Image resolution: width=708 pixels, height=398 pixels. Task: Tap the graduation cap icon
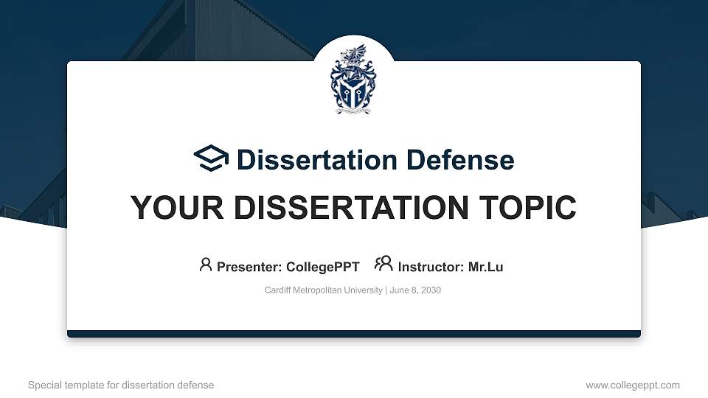tap(211, 158)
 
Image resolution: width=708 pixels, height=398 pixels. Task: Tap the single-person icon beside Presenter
tap(206, 265)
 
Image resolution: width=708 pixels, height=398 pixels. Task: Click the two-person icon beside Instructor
tap(383, 265)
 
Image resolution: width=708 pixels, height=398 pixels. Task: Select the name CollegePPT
tap(323, 267)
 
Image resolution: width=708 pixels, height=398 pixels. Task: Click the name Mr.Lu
tap(485, 267)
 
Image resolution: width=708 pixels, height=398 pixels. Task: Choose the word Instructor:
tap(431, 267)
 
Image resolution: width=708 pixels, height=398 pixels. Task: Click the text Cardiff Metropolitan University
tap(323, 290)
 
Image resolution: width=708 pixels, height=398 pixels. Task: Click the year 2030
tap(430, 290)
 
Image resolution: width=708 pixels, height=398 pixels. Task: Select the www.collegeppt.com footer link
tap(633, 385)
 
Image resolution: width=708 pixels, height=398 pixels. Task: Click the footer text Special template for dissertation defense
tap(121, 385)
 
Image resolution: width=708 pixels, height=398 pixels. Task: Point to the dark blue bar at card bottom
tap(354, 334)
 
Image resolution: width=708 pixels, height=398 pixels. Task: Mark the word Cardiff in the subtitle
tap(278, 290)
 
